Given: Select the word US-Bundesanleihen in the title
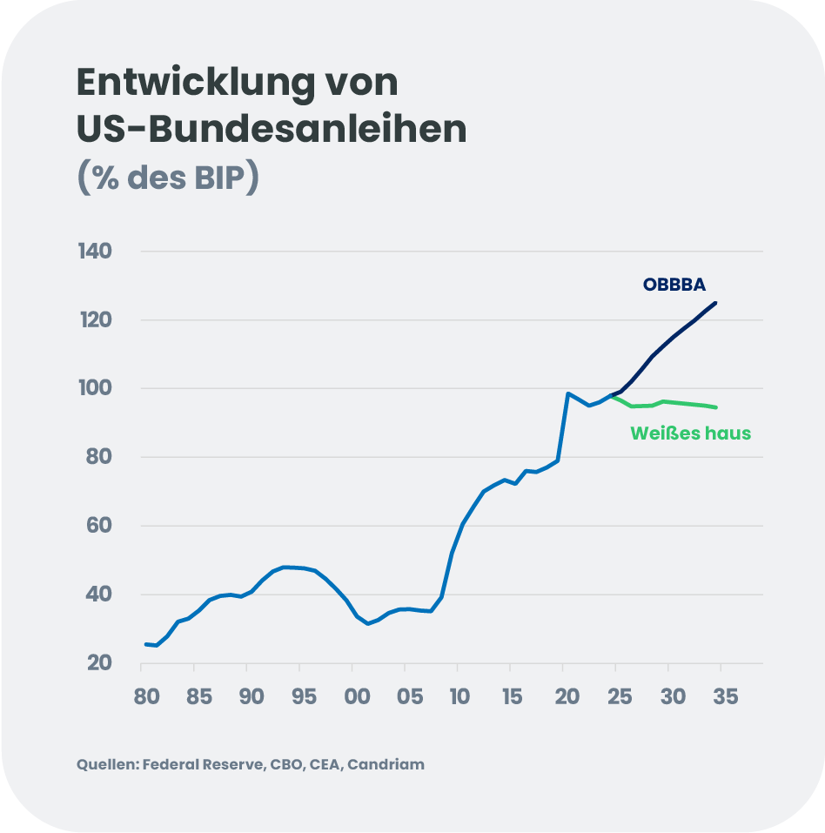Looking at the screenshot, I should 272,130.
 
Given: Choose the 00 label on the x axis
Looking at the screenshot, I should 355,696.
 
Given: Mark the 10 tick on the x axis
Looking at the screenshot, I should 460,696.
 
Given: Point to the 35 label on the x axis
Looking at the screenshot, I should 725,696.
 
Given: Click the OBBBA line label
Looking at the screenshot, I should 674,285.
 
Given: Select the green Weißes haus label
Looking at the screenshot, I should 690,433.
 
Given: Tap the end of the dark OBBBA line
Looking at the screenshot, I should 715,303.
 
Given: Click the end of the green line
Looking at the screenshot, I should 715,406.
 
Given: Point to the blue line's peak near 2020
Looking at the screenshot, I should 567,393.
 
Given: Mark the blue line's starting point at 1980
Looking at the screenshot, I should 145,644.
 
